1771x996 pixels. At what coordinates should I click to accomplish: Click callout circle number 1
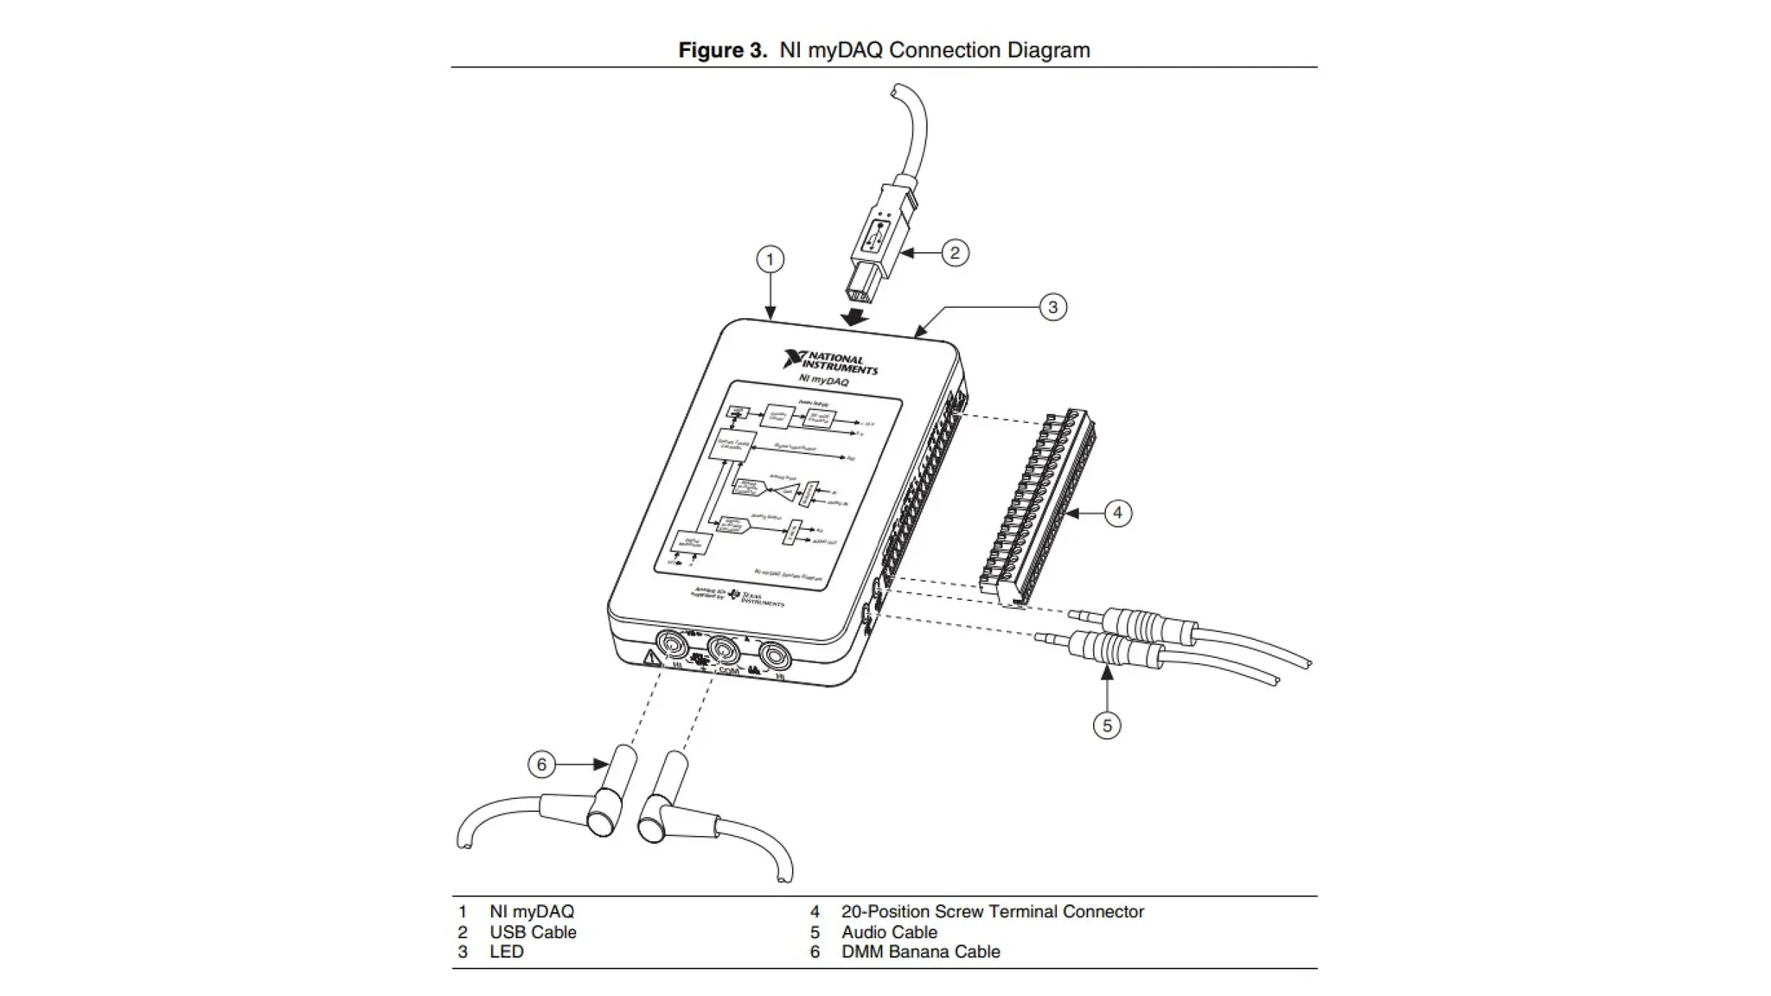(x=770, y=259)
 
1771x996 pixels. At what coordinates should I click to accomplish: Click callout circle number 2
(x=955, y=252)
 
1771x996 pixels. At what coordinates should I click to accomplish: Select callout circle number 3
(x=1052, y=307)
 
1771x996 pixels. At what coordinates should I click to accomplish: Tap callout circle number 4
(x=1117, y=513)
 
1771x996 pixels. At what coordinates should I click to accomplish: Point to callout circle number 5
(x=1107, y=725)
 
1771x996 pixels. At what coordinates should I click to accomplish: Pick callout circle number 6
(x=541, y=764)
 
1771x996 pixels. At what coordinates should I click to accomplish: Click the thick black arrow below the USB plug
(x=855, y=317)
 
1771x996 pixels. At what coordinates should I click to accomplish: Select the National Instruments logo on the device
(x=829, y=363)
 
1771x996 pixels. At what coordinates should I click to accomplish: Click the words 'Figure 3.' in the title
(x=722, y=50)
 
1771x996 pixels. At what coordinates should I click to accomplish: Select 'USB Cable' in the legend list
(x=533, y=932)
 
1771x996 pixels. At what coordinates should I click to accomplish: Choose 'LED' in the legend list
(x=507, y=951)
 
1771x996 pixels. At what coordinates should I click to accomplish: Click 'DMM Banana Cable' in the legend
(x=920, y=951)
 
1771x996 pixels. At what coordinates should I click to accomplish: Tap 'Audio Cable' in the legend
(x=889, y=932)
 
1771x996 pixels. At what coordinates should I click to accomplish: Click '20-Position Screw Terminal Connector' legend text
(x=992, y=911)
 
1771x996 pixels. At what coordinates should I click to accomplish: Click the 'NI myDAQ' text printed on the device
(x=822, y=380)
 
